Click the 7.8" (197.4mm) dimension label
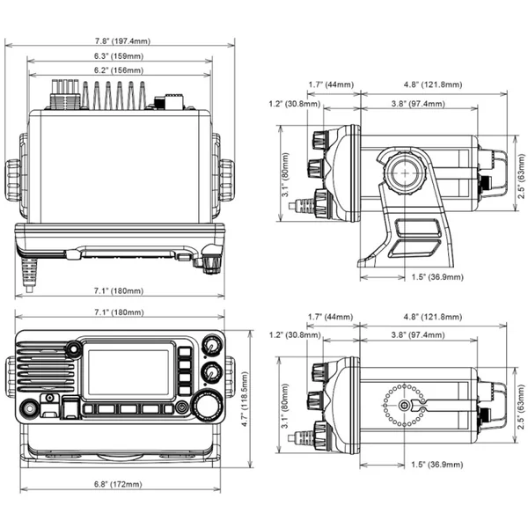click(x=122, y=41)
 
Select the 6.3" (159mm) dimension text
click(x=119, y=56)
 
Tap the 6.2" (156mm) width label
click(x=119, y=70)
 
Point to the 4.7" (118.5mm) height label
click(x=245, y=399)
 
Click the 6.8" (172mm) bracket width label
click(x=118, y=484)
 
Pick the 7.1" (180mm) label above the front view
click(x=119, y=312)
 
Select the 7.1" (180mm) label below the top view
click(x=119, y=290)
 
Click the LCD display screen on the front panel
click(x=128, y=371)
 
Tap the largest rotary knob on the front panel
click(x=207, y=406)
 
